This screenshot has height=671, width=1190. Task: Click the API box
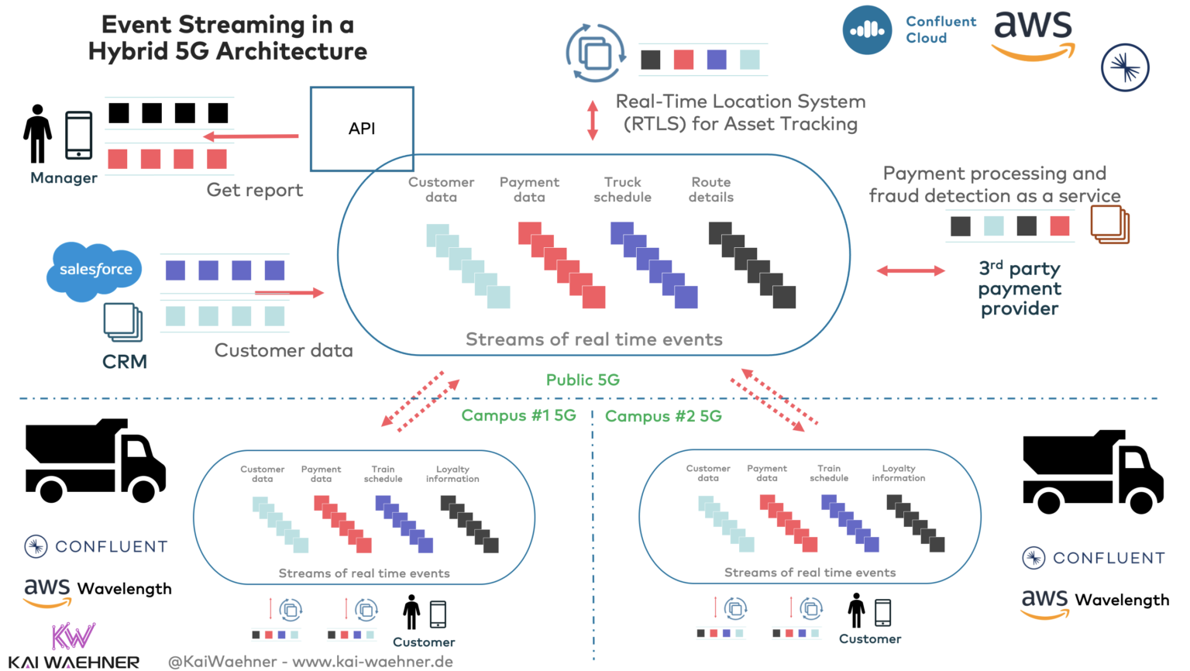click(x=362, y=129)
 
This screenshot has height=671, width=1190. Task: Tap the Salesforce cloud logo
click(x=95, y=270)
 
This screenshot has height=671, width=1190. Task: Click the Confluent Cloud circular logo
click(x=867, y=30)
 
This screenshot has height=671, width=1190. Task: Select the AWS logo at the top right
click(x=1034, y=35)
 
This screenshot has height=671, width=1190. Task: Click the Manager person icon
click(x=37, y=133)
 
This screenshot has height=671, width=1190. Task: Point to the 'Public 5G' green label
click(x=583, y=380)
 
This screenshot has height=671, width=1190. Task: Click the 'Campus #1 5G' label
click(x=518, y=415)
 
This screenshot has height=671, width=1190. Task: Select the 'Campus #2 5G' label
click(x=663, y=416)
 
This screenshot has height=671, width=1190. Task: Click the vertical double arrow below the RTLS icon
click(x=593, y=120)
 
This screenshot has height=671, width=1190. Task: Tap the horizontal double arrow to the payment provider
click(x=910, y=270)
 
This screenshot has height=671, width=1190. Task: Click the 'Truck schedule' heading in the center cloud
click(x=622, y=189)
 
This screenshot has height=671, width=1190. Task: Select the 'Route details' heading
click(x=710, y=189)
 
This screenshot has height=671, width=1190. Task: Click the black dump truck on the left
click(x=95, y=460)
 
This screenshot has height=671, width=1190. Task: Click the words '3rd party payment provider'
click(x=1020, y=288)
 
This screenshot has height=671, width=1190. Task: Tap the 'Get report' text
click(x=254, y=190)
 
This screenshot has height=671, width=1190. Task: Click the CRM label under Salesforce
click(x=124, y=362)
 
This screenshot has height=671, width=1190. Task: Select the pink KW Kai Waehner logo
click(x=73, y=636)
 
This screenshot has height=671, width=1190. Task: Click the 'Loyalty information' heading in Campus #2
click(x=898, y=473)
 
